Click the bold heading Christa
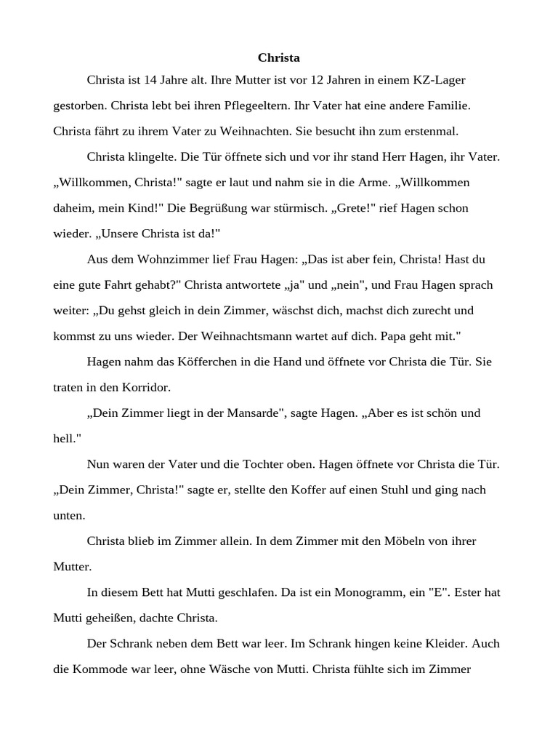pos(279,57)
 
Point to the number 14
pos(161,79)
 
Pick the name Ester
pos(477,592)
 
